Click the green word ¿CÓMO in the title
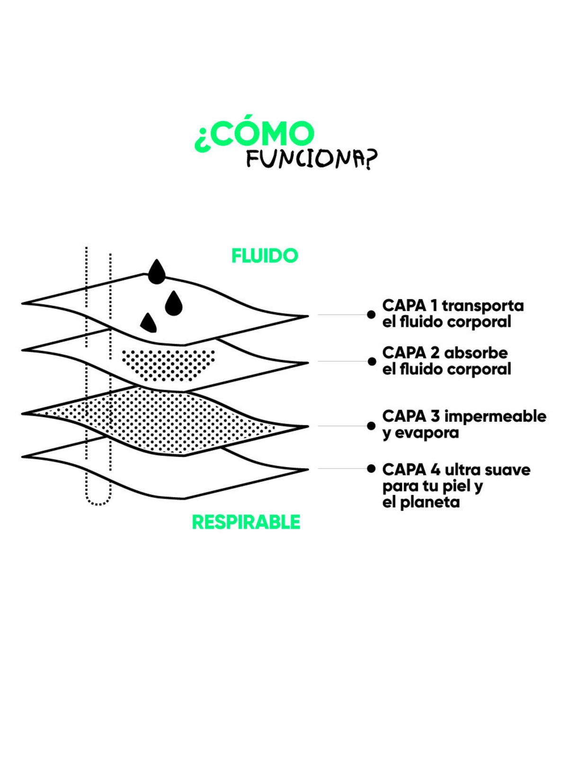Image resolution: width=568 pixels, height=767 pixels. click(x=254, y=135)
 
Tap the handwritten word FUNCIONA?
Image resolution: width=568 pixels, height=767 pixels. click(x=311, y=159)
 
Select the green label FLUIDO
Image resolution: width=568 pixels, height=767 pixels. click(x=265, y=256)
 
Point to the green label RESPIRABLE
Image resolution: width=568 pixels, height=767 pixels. click(x=246, y=522)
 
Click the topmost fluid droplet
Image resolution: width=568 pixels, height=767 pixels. click(x=157, y=273)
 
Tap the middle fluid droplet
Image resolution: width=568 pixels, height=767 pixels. click(x=174, y=304)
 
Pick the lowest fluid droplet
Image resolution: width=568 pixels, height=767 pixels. click(x=148, y=323)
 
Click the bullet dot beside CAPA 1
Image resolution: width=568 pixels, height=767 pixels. click(x=372, y=314)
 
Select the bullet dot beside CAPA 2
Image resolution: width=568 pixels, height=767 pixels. click(x=372, y=361)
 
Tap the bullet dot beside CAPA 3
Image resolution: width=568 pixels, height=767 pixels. click(x=372, y=426)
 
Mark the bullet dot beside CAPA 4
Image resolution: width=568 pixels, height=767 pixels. click(x=372, y=469)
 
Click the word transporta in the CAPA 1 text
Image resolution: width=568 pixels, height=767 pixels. click(x=483, y=306)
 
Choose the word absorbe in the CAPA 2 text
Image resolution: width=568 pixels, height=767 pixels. click(x=476, y=353)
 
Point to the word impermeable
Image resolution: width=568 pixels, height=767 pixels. click(x=495, y=416)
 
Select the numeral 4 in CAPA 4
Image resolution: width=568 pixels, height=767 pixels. click(x=435, y=470)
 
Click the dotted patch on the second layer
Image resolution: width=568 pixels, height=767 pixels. click(x=168, y=365)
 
